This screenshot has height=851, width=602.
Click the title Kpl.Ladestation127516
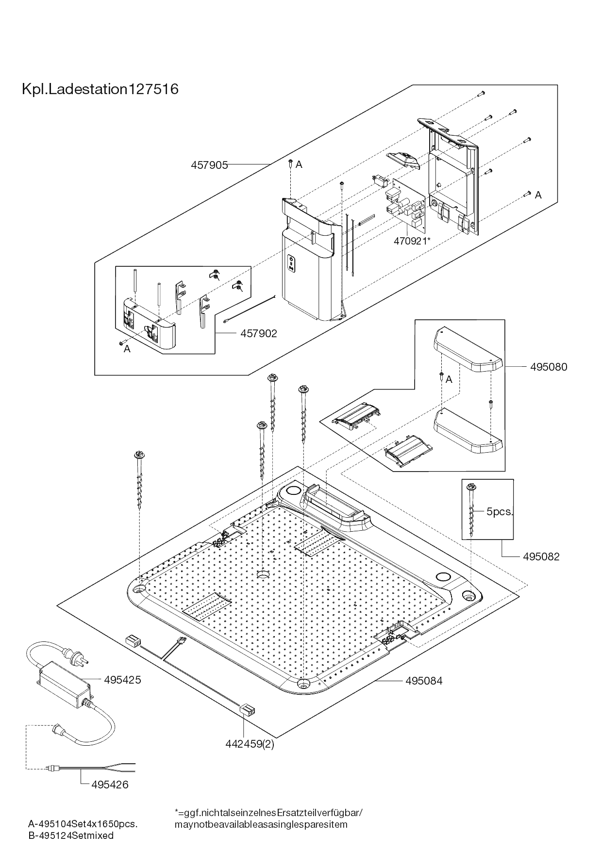100,89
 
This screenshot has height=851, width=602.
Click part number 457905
209,165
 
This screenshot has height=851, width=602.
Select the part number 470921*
412,241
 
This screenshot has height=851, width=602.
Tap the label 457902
258,333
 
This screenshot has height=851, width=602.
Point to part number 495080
548,367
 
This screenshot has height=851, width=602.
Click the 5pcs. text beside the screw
500,511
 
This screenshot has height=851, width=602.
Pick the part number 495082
541,556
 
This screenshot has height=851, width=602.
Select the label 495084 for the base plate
424,681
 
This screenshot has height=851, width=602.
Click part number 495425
122,680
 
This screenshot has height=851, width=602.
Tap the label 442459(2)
249,744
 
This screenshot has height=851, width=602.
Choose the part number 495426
110,785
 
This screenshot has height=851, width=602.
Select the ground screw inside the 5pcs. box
471,509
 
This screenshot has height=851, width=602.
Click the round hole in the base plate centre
263,574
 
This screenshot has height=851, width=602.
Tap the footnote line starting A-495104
83,824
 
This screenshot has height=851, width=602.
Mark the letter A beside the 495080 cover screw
449,379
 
